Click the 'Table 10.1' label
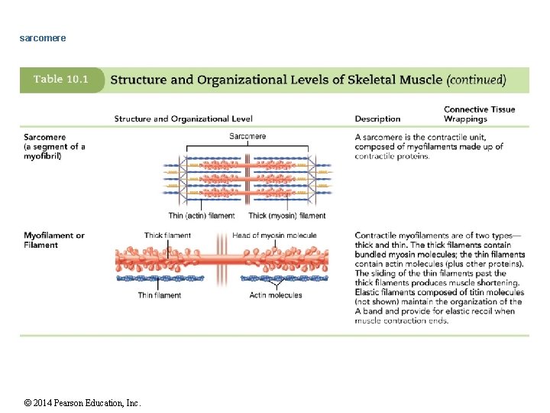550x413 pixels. click(x=60, y=80)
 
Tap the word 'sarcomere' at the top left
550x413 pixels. click(x=43, y=37)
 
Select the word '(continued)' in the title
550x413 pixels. click(x=476, y=80)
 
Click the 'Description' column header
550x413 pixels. click(x=377, y=119)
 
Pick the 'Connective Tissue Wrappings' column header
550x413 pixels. click(x=479, y=114)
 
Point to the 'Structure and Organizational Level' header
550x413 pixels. click(x=183, y=119)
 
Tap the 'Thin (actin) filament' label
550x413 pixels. click(x=202, y=216)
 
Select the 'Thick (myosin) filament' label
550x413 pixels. click(x=287, y=216)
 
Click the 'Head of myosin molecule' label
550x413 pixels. click(x=274, y=235)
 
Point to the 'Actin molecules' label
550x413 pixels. click(x=276, y=295)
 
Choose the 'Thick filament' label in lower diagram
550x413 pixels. click(x=167, y=235)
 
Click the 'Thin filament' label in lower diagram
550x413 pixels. click(x=160, y=295)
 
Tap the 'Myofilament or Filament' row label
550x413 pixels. click(x=54, y=240)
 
